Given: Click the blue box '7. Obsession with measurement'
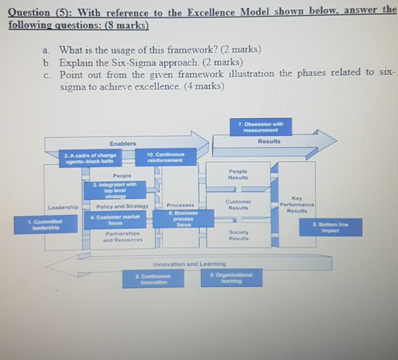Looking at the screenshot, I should coord(261,127).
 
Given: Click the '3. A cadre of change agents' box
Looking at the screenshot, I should coord(91,158).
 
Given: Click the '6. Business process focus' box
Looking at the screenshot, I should coord(183,219).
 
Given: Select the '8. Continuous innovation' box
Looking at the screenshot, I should coord(153,279).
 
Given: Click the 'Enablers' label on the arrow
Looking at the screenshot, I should coord(123,143).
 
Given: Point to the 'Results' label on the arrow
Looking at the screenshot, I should coord(269,141).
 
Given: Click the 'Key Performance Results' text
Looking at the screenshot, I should coord(297,204).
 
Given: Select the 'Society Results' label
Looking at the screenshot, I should coord(238,235).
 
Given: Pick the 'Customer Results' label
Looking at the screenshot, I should coord(238,205).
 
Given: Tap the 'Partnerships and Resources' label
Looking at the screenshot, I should coord(123,237).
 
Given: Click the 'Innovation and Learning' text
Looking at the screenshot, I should coord(189,264).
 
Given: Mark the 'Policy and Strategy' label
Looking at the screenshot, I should coord(122,207).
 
